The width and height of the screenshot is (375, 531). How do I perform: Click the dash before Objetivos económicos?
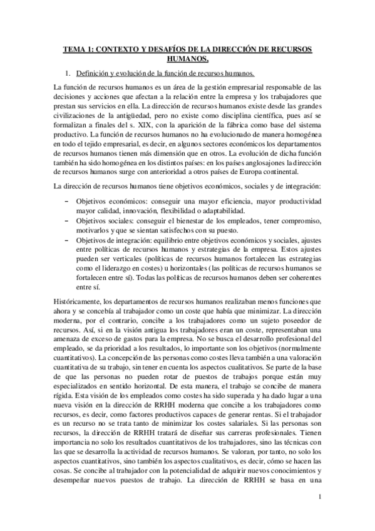[67, 202]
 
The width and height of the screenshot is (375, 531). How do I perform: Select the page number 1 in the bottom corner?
[319, 515]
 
